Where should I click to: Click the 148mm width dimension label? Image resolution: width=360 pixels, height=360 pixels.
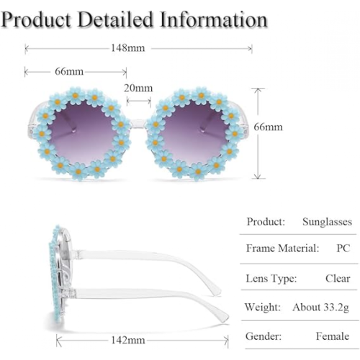coord(128,48)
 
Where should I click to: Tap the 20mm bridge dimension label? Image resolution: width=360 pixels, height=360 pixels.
coord(138,88)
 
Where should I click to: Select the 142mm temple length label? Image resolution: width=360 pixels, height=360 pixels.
coord(128,341)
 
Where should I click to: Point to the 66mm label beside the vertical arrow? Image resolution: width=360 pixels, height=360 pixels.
coord(268,127)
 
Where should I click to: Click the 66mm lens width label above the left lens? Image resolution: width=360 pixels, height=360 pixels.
coord(69,71)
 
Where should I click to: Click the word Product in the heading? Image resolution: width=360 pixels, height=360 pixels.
coord(37,19)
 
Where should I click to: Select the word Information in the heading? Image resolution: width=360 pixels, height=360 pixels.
coord(213,19)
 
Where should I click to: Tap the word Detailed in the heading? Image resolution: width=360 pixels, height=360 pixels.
coord(115,19)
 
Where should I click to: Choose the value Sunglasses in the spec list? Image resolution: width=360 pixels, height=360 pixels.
coord(327,222)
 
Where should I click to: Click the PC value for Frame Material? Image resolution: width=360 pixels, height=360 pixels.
coord(343,248)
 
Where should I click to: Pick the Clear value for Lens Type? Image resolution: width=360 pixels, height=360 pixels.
coord(338,279)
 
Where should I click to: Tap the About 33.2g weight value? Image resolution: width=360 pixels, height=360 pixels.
coord(320,307)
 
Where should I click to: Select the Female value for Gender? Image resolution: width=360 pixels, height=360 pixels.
coord(333,336)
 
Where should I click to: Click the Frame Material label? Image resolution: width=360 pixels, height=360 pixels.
coord(282,248)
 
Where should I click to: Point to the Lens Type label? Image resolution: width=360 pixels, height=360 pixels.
coord(271,279)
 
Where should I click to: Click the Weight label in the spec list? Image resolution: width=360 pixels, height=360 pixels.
coord(263,307)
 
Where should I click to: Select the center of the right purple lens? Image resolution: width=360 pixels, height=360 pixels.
coord(195,132)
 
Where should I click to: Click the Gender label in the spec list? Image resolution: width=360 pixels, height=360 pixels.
coord(264,336)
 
